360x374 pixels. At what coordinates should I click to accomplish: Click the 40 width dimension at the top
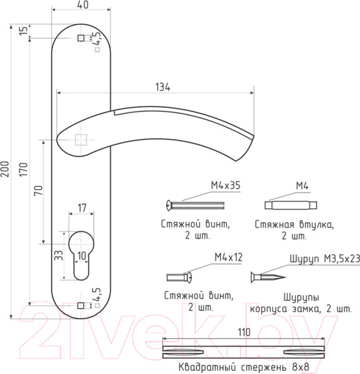(83, 5)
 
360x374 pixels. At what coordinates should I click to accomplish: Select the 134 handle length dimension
(163, 87)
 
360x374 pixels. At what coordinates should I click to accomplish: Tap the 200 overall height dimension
(5, 169)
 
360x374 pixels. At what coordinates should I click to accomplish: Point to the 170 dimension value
(23, 170)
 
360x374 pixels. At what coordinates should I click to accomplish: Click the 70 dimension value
(39, 190)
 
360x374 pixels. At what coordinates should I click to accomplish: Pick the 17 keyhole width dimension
(82, 208)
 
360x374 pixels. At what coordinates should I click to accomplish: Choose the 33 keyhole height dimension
(59, 255)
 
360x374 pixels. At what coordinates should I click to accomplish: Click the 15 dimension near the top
(23, 31)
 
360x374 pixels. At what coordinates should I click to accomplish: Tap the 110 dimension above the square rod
(244, 332)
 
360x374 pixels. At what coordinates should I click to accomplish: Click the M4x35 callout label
(225, 186)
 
